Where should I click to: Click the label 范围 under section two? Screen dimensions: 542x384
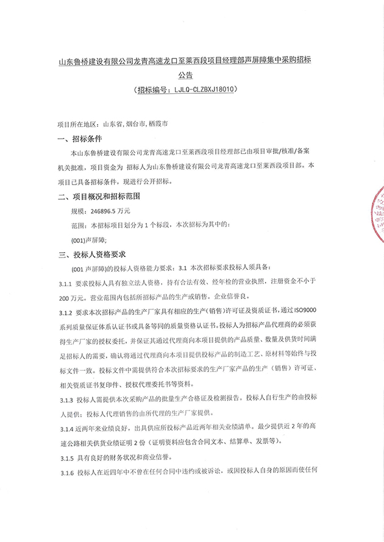click(x=79, y=225)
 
